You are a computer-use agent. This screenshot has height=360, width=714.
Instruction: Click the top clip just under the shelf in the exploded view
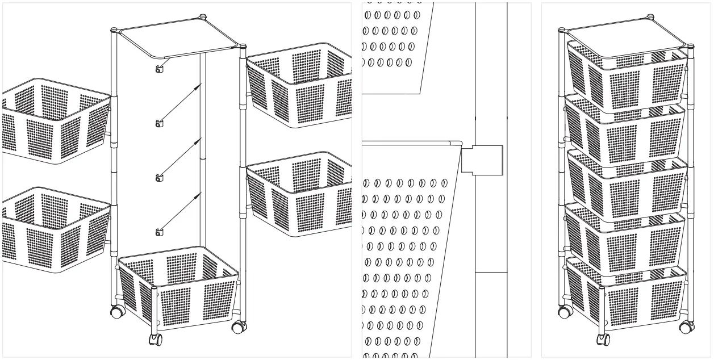point(159,70)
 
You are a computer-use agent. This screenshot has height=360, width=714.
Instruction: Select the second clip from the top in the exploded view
point(159,123)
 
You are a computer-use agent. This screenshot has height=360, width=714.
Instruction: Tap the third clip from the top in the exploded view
point(159,178)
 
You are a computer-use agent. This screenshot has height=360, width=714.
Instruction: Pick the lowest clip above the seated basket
point(159,231)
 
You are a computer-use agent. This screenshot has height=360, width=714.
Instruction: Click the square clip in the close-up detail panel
point(482,160)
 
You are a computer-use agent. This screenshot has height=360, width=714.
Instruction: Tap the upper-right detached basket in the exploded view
point(300,85)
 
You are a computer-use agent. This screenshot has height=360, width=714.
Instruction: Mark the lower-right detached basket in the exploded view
point(300,194)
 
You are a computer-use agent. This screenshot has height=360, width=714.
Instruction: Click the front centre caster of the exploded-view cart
point(155,340)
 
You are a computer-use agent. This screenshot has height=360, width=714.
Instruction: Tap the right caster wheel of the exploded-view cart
point(239,327)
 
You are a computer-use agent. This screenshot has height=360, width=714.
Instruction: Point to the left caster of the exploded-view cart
point(118,312)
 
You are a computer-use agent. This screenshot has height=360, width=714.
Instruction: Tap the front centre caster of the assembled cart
point(603,340)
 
